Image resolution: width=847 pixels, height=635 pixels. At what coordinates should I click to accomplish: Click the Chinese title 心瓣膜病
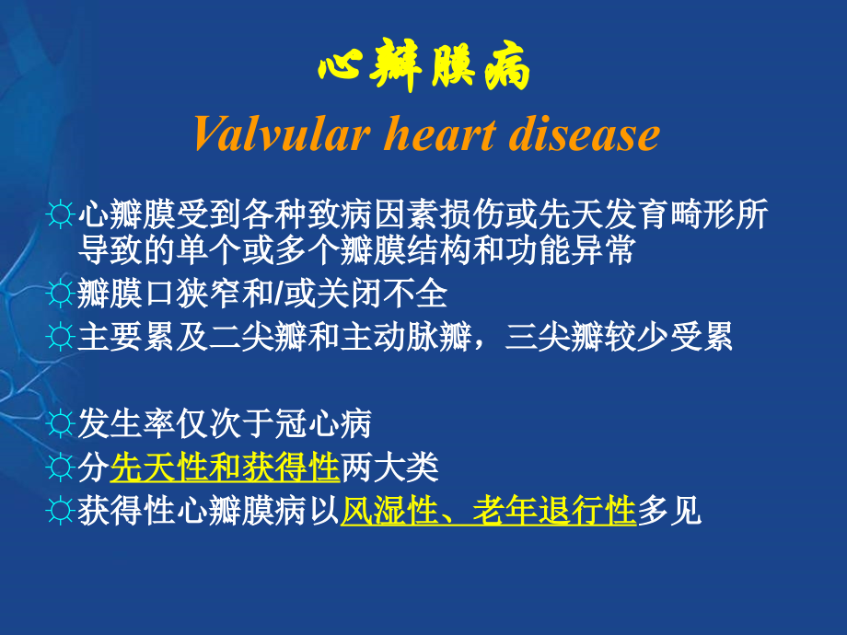[424, 70]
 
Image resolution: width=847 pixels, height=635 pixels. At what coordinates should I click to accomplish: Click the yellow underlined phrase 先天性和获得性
[226, 468]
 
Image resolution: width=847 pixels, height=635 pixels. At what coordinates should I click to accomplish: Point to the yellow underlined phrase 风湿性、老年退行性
[489, 512]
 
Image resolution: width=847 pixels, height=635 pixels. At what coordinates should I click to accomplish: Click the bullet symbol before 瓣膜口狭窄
[62, 294]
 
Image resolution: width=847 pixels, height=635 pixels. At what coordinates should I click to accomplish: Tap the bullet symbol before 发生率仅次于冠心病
[62, 425]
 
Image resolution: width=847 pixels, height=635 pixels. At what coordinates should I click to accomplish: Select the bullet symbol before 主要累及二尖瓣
[62, 338]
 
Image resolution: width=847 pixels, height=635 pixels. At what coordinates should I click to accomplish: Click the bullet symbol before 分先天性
[62, 469]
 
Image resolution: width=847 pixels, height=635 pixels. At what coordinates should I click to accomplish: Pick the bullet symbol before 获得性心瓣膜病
[62, 513]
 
